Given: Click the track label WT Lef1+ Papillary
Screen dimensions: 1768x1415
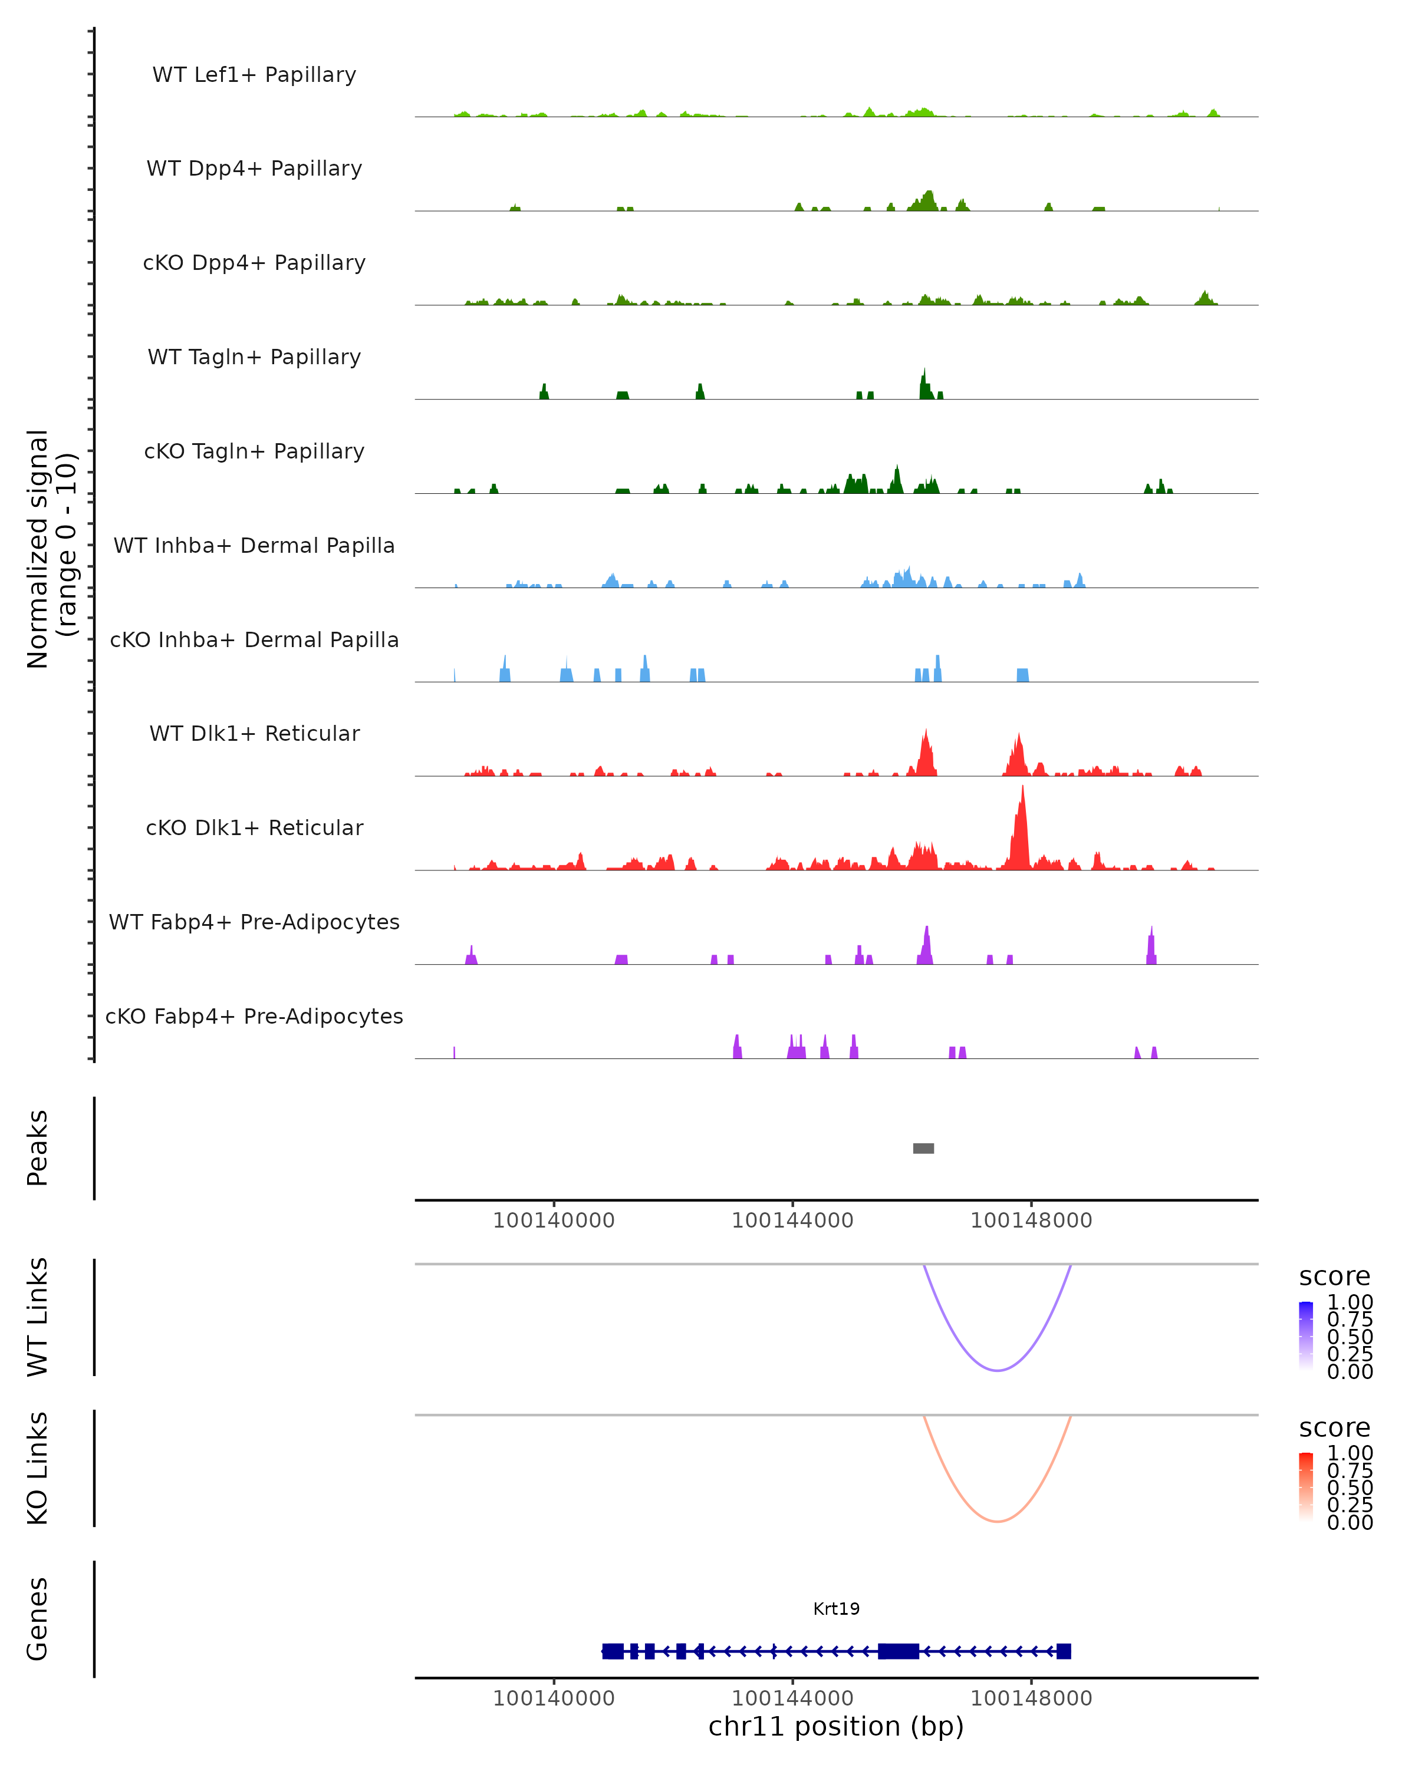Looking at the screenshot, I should click(x=254, y=75).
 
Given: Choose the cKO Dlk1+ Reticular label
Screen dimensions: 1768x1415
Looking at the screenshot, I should click(x=254, y=827).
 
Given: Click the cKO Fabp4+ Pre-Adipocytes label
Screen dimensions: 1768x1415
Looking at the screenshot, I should click(x=254, y=1016).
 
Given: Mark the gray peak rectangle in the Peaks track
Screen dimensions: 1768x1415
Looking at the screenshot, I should click(x=924, y=1148).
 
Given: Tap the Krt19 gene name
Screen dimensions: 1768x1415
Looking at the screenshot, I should click(x=836, y=1608).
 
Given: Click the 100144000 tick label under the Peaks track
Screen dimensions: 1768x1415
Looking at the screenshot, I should click(x=792, y=1221).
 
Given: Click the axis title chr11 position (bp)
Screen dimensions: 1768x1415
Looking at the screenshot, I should click(x=836, y=1726).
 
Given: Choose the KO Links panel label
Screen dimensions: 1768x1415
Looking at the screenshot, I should click(x=38, y=1468).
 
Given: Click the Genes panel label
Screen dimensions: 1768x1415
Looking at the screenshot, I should click(x=38, y=1619).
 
